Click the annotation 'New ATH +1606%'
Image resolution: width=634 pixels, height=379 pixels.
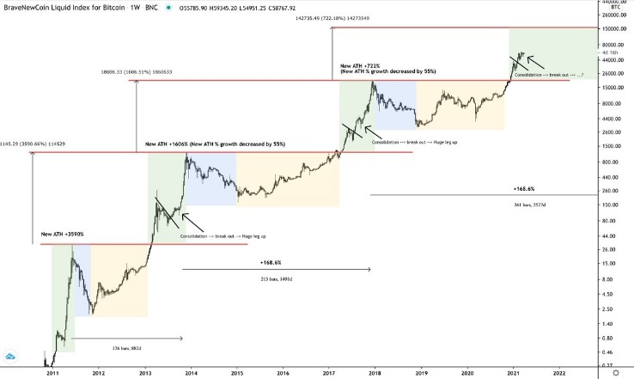(169, 144)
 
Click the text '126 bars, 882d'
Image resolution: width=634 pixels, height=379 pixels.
(126, 348)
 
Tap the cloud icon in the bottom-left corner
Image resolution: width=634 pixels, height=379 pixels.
(12, 356)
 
